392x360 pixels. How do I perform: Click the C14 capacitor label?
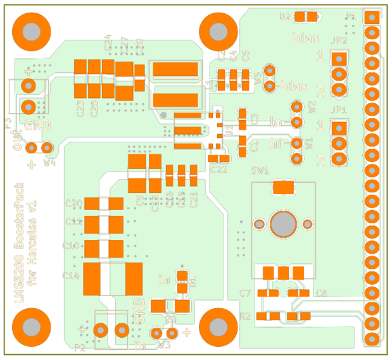click(71, 275)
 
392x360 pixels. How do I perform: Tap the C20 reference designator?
click(73, 204)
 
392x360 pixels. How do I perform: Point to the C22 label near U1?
click(218, 169)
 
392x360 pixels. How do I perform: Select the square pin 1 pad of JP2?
click(339, 59)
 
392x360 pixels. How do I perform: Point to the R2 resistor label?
click(246, 316)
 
